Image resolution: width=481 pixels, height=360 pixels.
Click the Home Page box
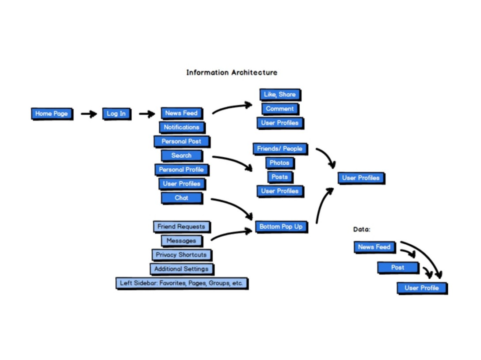[x=52, y=114]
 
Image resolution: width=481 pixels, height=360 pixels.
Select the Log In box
[x=116, y=114]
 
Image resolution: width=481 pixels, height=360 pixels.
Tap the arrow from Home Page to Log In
[x=88, y=114]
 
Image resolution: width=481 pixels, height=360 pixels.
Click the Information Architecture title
[x=232, y=72]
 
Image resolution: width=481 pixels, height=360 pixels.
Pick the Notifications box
[x=181, y=127]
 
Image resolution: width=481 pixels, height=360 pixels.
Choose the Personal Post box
[x=181, y=141]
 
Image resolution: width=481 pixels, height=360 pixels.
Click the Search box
[x=181, y=155]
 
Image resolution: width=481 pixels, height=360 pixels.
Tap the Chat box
[x=181, y=198]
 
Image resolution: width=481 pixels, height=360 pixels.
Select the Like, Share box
[x=280, y=95]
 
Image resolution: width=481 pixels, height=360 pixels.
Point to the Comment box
[x=280, y=109]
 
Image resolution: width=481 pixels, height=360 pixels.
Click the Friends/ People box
[x=280, y=149]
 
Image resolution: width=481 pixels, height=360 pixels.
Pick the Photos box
[x=279, y=163]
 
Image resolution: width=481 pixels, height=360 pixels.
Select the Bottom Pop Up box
[x=281, y=227]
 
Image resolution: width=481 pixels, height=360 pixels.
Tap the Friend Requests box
[x=181, y=227]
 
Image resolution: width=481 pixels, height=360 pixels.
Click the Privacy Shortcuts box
[x=181, y=255]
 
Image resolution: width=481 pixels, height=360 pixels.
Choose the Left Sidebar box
[x=181, y=283]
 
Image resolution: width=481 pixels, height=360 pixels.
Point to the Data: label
[x=362, y=229]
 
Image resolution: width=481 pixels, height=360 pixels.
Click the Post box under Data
[x=397, y=268]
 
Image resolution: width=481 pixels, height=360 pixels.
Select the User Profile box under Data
[x=422, y=288]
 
